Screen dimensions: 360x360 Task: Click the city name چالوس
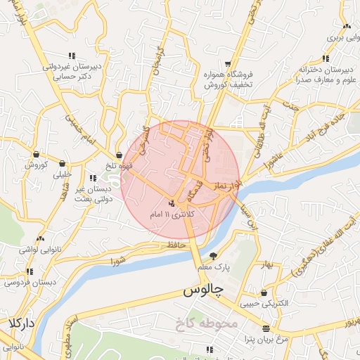point(203,290)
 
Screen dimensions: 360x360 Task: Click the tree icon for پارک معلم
point(214,256)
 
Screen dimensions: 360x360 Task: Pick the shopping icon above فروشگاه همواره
point(226,62)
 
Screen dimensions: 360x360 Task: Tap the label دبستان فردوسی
point(21,282)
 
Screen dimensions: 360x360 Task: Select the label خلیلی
point(63,174)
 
